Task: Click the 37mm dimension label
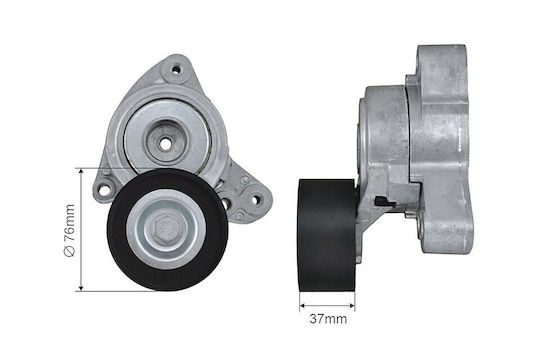(328, 319)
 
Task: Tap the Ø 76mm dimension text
(69, 230)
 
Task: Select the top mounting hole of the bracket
(176, 70)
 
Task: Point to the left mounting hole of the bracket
(104, 190)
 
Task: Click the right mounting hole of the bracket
(255, 200)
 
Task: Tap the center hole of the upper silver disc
(166, 144)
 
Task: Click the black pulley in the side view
(326, 236)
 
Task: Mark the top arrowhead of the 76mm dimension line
(81, 172)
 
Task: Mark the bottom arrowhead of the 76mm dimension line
(81, 287)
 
